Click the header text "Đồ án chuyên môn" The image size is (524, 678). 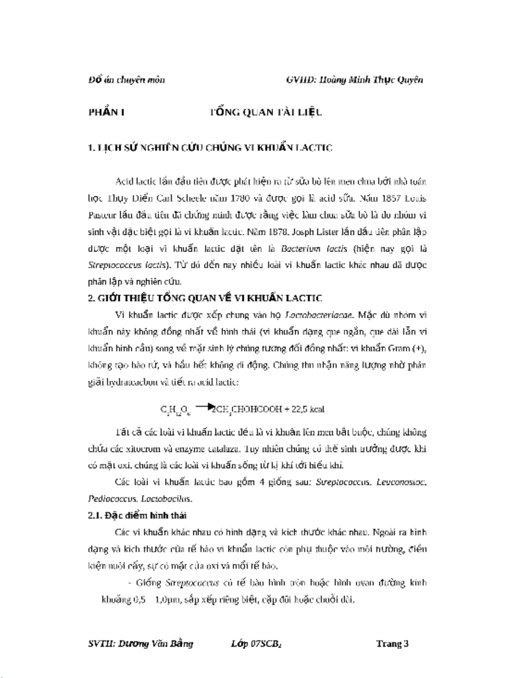click(126, 80)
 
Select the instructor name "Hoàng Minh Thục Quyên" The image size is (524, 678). click(370, 80)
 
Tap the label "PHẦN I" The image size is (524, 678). click(107, 112)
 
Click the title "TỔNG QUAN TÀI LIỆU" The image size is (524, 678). click(265, 112)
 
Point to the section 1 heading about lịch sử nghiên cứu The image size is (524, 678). click(210, 148)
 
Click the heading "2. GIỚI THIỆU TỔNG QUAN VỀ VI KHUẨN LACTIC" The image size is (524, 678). click(205, 298)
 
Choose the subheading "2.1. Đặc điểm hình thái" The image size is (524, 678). click(137, 515)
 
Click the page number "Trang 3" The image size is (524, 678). click(392, 643)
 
